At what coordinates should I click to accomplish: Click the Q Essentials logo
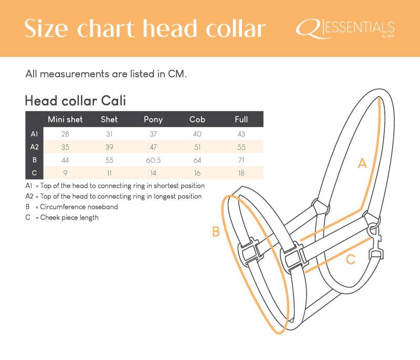(x=345, y=29)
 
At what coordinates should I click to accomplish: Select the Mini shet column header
(x=65, y=119)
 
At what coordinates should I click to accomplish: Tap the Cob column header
(x=197, y=119)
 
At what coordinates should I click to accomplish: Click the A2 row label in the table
(x=35, y=147)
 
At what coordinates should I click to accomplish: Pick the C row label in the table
(x=34, y=173)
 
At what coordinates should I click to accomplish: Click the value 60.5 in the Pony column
(x=153, y=161)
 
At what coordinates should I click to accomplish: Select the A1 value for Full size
(x=241, y=134)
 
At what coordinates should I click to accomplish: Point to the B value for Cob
(x=197, y=161)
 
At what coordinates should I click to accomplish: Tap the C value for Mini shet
(x=65, y=173)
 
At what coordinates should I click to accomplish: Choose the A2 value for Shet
(x=109, y=147)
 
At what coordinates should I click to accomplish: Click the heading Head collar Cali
(x=75, y=101)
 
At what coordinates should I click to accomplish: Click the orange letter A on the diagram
(x=362, y=163)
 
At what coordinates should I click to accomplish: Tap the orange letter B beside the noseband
(x=216, y=231)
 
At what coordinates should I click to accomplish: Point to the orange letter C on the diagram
(x=351, y=259)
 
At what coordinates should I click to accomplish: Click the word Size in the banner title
(x=46, y=28)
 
